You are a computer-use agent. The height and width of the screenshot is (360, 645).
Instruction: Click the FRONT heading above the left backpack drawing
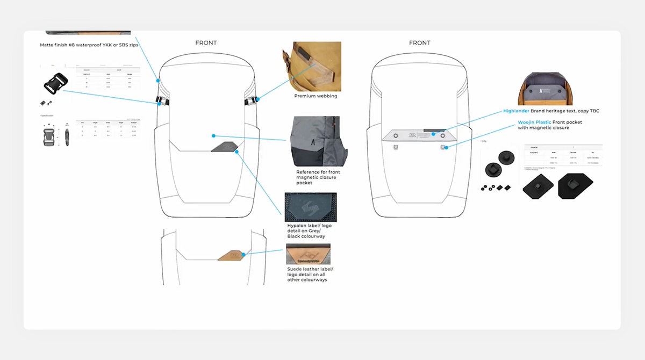click(206, 43)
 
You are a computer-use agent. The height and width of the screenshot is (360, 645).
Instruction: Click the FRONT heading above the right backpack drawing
click(419, 43)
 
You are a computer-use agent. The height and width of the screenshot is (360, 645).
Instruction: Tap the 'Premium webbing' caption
click(316, 96)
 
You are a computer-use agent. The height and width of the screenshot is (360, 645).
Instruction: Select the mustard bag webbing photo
click(312, 67)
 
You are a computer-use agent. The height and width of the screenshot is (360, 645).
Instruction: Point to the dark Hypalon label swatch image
click(311, 207)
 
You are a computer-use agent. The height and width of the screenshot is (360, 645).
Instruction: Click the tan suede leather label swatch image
click(308, 254)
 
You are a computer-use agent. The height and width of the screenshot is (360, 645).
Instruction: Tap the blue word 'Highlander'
click(517, 111)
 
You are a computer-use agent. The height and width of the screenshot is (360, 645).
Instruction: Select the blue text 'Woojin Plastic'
click(534, 123)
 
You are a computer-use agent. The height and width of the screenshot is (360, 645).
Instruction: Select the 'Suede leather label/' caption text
click(310, 269)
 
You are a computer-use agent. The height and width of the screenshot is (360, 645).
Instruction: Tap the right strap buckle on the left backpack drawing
click(251, 100)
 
